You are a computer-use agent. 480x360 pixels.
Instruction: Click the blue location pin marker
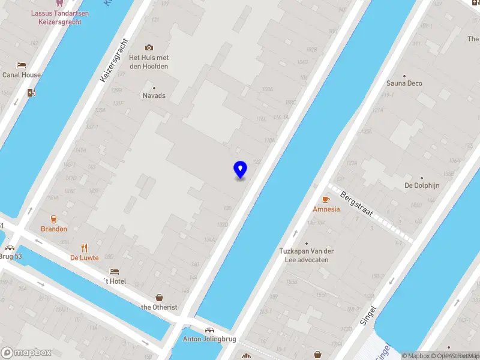(x=240, y=170)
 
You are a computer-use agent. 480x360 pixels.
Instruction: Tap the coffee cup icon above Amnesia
(x=326, y=199)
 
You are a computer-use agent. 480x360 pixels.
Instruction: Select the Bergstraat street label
(x=357, y=204)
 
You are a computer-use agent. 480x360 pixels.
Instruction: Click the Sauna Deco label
(x=404, y=83)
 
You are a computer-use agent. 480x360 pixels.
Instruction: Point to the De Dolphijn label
(x=422, y=185)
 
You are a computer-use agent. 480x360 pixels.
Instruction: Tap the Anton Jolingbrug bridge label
(x=209, y=339)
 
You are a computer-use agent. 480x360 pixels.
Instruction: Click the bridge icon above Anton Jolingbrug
(x=209, y=330)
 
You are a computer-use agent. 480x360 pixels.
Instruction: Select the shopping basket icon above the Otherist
(x=159, y=297)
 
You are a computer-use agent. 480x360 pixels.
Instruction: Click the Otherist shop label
(x=159, y=307)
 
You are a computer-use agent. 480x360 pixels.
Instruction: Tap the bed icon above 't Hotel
(x=114, y=271)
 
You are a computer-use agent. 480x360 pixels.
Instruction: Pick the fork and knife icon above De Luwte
(x=85, y=247)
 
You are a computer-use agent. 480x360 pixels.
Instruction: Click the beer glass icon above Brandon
(x=53, y=219)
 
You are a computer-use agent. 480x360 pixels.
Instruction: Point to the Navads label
(x=154, y=95)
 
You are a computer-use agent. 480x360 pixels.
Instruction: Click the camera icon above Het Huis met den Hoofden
(x=149, y=47)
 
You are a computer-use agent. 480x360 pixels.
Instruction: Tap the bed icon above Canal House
(x=22, y=65)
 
